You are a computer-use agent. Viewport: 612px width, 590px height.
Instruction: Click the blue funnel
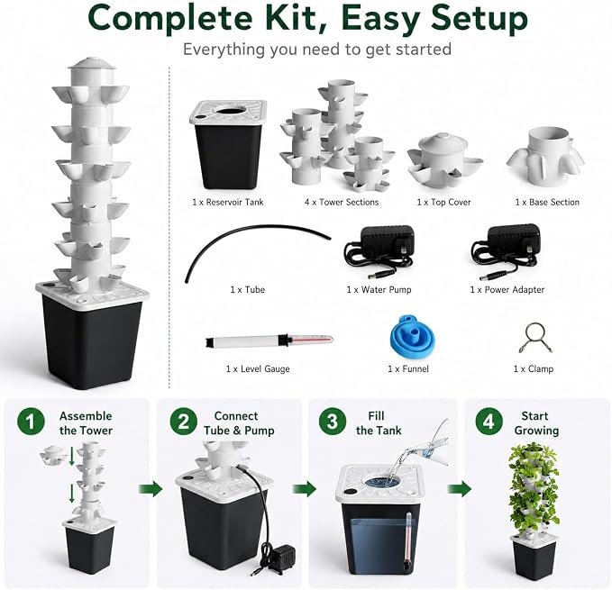(411, 338)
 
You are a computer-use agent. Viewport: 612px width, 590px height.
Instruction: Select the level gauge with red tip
(269, 340)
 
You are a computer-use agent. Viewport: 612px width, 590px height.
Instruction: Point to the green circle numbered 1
(31, 422)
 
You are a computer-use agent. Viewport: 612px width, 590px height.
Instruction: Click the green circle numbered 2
(184, 422)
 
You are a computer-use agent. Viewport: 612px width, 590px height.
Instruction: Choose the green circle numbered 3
(333, 422)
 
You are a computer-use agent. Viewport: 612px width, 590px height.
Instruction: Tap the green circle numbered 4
(489, 422)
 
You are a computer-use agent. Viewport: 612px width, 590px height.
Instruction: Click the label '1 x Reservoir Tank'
(228, 202)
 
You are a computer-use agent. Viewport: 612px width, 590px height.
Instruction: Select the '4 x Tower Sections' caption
(342, 202)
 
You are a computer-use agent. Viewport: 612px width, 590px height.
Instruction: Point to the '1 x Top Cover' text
(443, 202)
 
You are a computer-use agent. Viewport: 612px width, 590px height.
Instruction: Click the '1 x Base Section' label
(547, 202)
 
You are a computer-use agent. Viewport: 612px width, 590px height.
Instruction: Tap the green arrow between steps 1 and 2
(151, 488)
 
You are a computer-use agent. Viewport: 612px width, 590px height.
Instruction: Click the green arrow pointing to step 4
(460, 488)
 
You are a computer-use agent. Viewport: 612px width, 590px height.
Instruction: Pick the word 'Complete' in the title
(170, 19)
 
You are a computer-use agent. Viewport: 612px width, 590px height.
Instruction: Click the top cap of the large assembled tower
(92, 64)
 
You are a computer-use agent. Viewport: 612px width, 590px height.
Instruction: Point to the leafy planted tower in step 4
(534, 511)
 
